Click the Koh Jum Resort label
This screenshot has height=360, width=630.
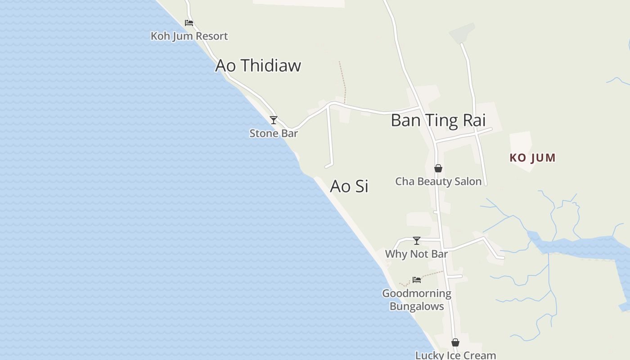tap(189, 36)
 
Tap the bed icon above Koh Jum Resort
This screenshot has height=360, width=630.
tap(189, 22)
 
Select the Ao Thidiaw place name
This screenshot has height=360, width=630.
tap(258, 66)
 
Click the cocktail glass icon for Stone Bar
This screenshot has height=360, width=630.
tap(274, 120)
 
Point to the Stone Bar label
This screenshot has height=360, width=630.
tap(274, 134)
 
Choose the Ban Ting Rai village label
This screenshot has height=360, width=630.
tap(438, 121)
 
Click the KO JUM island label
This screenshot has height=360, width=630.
tap(533, 158)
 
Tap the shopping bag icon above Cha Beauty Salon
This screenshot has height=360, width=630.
tap(438, 168)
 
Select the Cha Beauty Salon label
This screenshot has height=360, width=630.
tap(438, 181)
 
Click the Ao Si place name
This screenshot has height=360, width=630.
tap(349, 186)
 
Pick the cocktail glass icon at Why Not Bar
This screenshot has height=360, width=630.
tap(417, 241)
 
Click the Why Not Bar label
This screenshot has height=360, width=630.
tap(416, 254)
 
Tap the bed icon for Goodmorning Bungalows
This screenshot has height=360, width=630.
tap(417, 280)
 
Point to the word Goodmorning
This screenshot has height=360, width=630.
tap(417, 293)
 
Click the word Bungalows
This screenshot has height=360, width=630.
tap(417, 306)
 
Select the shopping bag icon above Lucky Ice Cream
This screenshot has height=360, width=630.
tap(455, 342)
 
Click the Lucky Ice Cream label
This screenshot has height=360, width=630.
tap(455, 355)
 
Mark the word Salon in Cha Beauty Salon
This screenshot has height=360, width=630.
tap(468, 181)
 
